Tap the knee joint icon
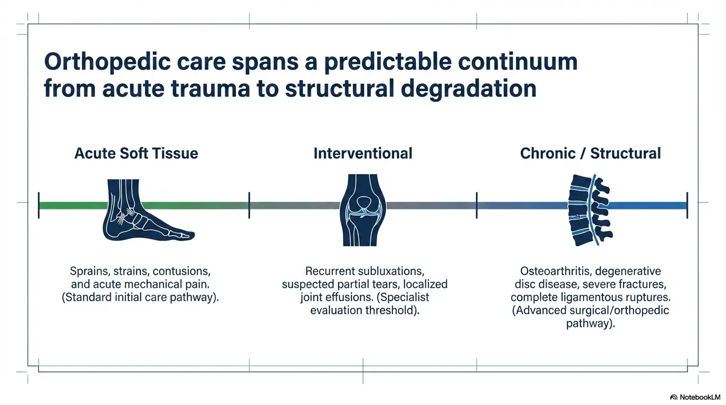(362, 210)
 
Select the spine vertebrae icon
(589, 210)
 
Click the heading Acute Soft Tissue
(136, 153)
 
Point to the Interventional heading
(362, 153)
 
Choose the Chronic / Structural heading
(590, 153)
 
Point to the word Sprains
(89, 271)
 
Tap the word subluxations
(390, 271)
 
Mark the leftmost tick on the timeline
(39, 206)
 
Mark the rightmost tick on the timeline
(687, 206)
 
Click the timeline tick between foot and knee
(249, 206)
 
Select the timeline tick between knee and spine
(476, 206)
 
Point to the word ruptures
(646, 297)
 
